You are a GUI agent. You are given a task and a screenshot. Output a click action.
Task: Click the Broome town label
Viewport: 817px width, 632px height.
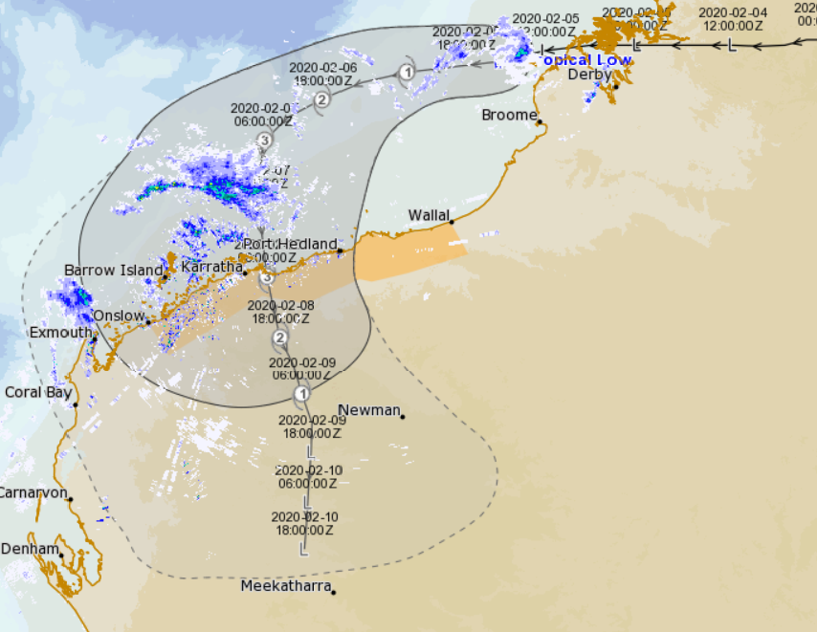pos(509,115)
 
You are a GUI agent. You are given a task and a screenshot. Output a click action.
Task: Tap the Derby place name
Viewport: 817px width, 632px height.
pos(589,75)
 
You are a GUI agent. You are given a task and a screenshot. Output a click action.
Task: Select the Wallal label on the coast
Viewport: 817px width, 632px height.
pos(429,215)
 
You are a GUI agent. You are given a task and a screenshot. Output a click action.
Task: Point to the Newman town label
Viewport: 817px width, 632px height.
pos(369,410)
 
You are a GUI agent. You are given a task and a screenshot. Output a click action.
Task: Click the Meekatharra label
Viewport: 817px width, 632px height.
pos(286,586)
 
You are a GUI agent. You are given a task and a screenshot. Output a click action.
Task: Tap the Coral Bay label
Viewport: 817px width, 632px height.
pos(38,392)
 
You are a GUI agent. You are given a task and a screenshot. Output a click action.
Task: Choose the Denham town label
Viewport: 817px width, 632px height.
pos(30,549)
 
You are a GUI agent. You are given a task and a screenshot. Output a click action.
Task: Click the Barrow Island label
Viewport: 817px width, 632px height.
pos(114,271)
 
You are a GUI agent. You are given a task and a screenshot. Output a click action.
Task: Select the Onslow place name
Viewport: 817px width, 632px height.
pos(119,316)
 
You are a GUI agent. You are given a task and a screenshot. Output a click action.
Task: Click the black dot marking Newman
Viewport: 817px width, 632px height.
pos(403,416)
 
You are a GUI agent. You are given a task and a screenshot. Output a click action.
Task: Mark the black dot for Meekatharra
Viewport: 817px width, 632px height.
pos(333,593)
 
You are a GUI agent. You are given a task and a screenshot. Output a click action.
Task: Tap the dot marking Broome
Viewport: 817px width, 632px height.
pos(540,121)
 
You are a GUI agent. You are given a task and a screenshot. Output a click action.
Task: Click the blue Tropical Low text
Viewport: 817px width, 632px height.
pos(586,59)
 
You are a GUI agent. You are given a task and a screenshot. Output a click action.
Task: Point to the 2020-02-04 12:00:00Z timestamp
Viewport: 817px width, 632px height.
pos(732,19)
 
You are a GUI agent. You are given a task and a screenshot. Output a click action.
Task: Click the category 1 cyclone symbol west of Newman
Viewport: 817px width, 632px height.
pos(302,393)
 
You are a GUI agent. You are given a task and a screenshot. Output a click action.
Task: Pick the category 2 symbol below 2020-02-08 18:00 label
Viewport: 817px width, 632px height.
pos(280,338)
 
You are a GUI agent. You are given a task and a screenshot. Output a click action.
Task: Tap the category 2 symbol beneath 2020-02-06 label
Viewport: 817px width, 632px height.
pos(321,99)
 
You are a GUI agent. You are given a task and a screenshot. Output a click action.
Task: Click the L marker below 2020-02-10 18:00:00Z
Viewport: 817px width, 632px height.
pos(303,550)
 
